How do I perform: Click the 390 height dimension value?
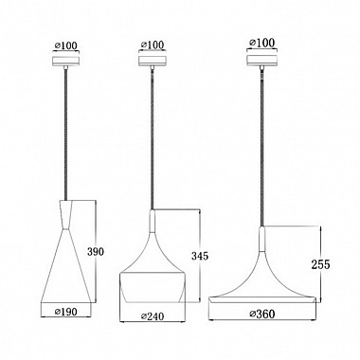96,252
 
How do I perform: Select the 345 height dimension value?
200,256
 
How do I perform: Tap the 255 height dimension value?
320,264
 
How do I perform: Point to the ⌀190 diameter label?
66,312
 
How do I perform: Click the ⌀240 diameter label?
153,315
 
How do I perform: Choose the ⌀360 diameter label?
262,314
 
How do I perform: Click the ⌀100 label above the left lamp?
65,45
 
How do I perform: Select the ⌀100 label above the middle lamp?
153,45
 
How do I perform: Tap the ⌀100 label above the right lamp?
261,43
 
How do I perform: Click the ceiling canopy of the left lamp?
65,61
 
